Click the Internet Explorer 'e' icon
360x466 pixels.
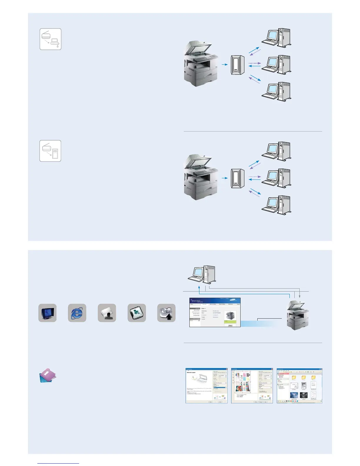(x=77, y=313)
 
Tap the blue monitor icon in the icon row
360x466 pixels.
(x=47, y=313)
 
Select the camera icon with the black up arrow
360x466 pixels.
(x=166, y=313)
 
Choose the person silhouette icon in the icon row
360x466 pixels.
(x=107, y=313)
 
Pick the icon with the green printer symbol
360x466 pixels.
(x=137, y=313)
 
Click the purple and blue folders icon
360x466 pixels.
(x=48, y=376)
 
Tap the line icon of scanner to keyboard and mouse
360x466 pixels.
(x=51, y=39)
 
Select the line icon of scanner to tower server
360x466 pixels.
(x=50, y=151)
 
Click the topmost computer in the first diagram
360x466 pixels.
(x=276, y=37)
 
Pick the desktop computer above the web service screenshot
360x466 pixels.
(x=202, y=275)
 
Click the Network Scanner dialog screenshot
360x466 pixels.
(x=206, y=385)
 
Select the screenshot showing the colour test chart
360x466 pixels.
(x=252, y=385)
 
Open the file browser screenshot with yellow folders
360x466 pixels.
(x=299, y=385)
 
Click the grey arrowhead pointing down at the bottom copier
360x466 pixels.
(x=299, y=297)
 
